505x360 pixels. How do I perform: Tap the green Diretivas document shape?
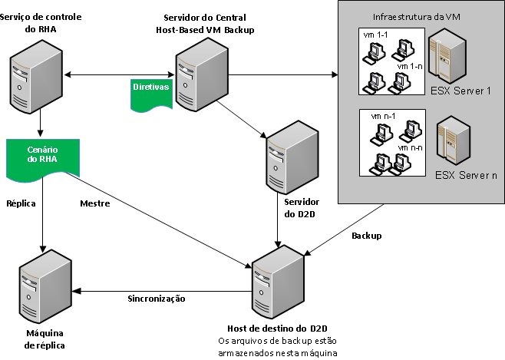click(150, 91)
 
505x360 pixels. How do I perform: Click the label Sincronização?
click(156, 298)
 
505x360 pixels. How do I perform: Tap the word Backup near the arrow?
click(365, 236)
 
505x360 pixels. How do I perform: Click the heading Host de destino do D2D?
click(282, 329)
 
